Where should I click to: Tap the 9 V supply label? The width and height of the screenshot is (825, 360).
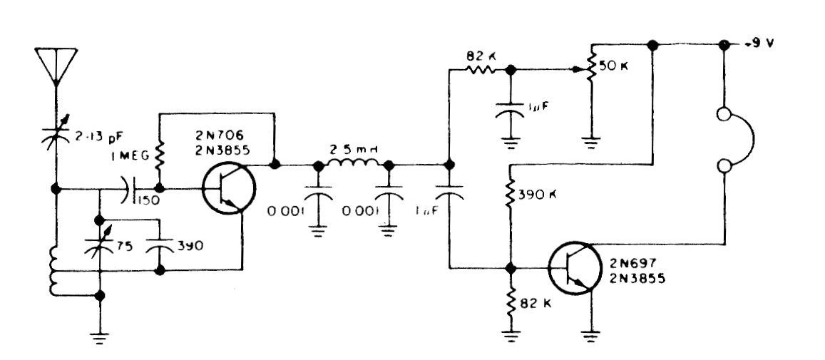pyautogui.click(x=761, y=43)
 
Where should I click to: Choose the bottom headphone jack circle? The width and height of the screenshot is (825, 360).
pyautogui.click(x=724, y=167)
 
